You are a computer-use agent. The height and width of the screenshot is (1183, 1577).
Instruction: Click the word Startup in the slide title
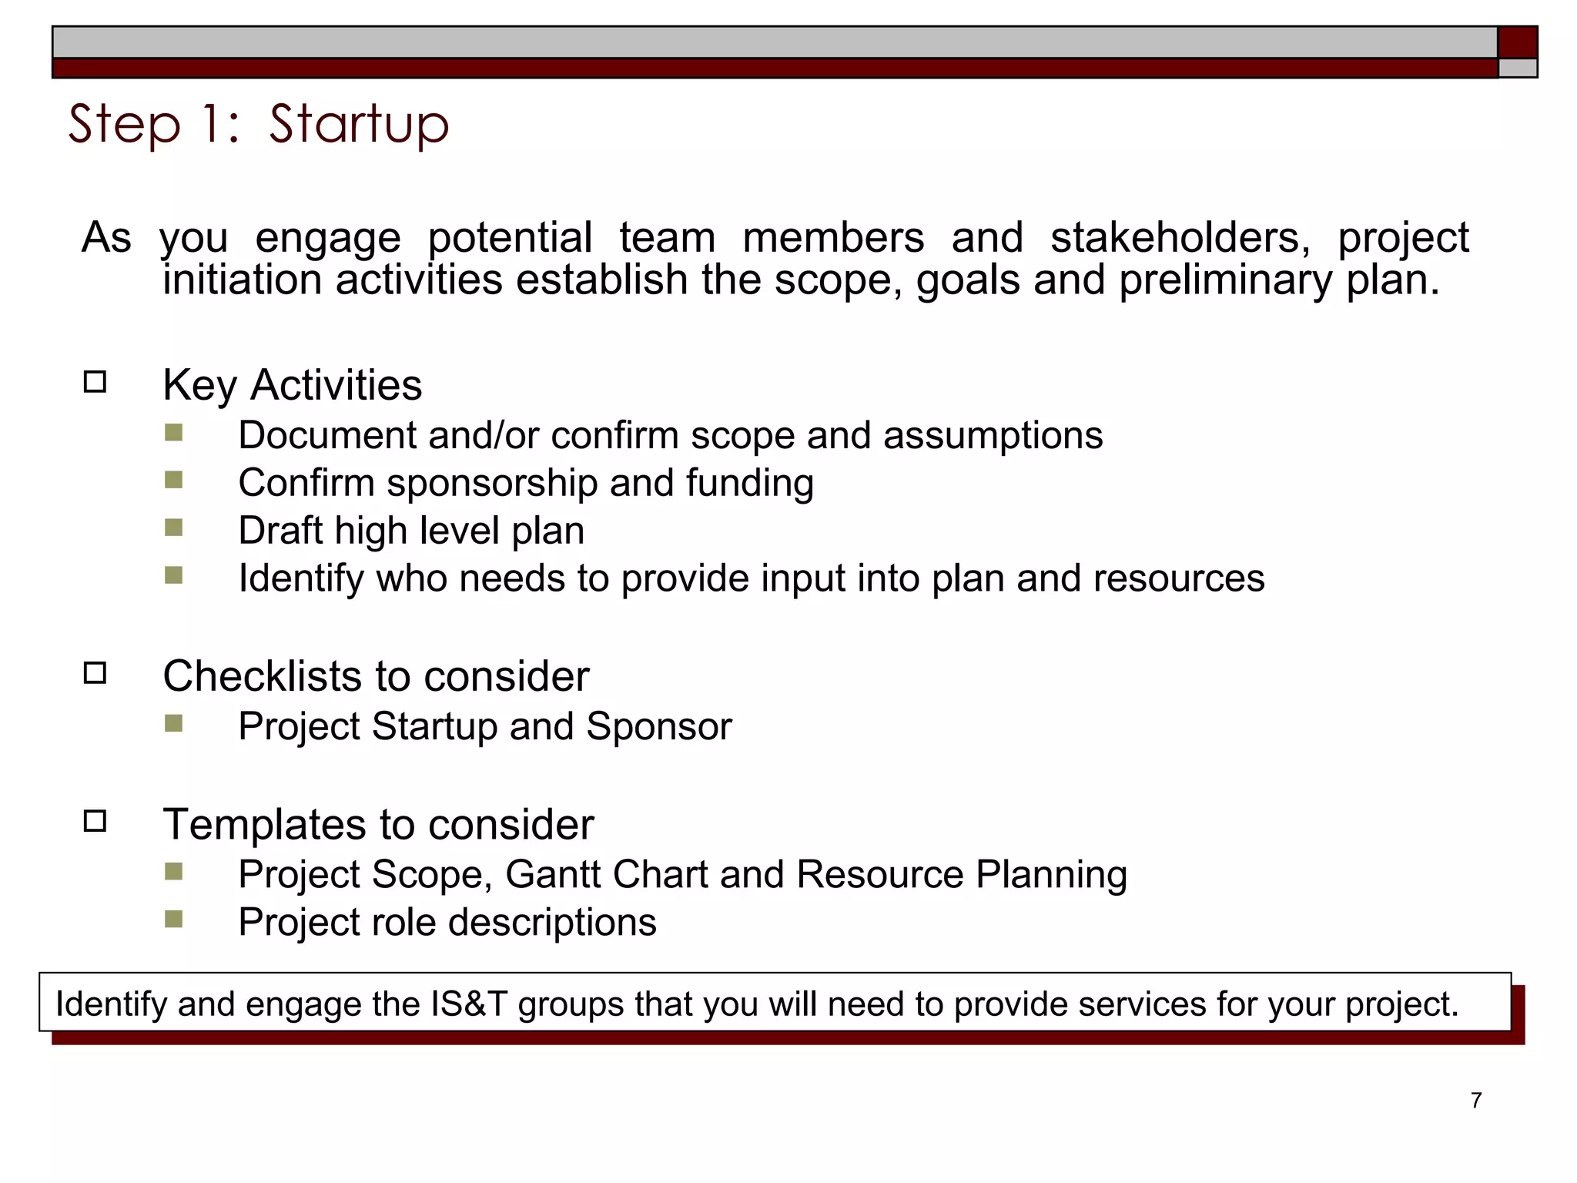(359, 125)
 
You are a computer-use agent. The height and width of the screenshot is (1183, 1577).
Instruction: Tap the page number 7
(1475, 1100)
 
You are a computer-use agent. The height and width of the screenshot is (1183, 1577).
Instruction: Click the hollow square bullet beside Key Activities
(95, 382)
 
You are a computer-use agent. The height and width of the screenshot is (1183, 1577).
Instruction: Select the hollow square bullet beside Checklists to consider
(95, 673)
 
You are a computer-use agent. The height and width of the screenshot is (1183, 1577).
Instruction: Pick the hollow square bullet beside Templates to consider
(95, 821)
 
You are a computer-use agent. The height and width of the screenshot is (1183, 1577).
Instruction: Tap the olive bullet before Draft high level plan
(174, 528)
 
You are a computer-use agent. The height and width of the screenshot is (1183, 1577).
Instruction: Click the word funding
(749, 484)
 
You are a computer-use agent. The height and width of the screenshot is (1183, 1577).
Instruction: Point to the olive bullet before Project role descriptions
(174, 920)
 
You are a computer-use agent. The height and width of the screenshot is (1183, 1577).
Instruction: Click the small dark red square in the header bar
(1517, 42)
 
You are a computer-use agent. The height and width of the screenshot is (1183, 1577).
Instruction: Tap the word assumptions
(993, 436)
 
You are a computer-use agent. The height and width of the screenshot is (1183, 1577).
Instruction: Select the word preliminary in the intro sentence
(1224, 280)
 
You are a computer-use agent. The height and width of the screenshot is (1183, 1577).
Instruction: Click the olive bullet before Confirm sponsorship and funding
(174, 481)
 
